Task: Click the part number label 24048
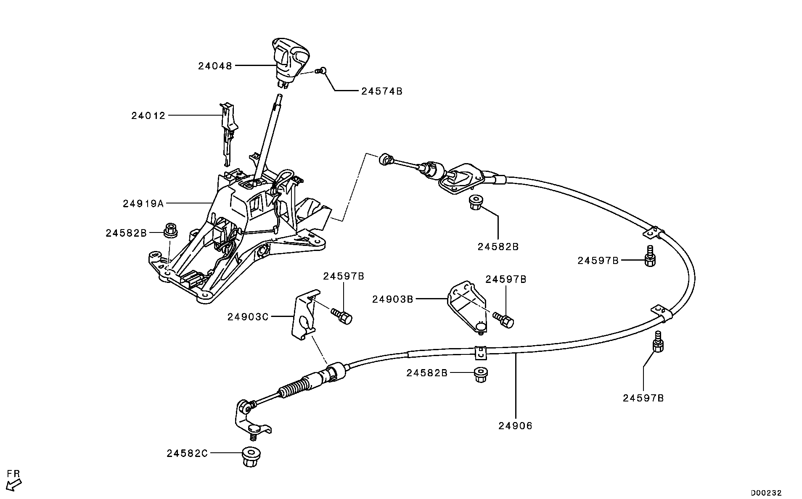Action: (215, 66)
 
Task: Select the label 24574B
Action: (381, 91)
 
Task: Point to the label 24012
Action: (148, 116)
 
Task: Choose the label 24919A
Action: (143, 204)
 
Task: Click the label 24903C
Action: (248, 317)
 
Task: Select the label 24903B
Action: (392, 299)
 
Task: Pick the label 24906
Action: (516, 426)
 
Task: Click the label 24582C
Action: (187, 454)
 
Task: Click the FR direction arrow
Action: (15, 485)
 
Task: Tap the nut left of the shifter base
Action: (170, 230)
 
